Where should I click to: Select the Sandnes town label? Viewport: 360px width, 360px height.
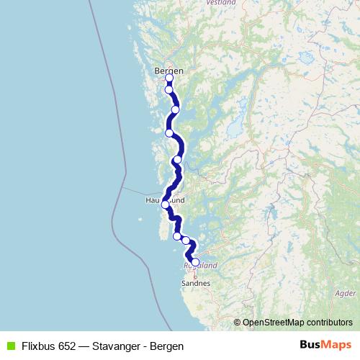[196, 283]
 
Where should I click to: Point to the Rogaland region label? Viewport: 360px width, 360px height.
[201, 265]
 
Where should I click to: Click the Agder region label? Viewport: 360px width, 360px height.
[345, 294]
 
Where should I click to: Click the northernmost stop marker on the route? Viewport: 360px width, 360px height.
[169, 78]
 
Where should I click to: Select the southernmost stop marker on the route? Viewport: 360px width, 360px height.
[194, 262]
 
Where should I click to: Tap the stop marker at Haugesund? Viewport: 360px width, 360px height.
[166, 204]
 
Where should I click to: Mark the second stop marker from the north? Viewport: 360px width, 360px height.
[169, 90]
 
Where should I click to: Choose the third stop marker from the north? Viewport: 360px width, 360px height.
[175, 109]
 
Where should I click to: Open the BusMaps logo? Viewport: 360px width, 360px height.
[325, 346]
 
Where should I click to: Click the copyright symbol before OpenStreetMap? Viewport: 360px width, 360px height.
[238, 323]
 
